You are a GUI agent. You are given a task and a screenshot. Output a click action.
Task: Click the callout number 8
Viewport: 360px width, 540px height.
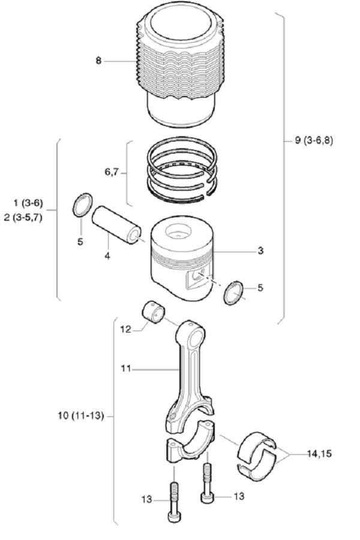point(98,61)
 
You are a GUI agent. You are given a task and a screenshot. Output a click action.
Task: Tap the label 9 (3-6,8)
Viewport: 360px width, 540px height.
point(314,140)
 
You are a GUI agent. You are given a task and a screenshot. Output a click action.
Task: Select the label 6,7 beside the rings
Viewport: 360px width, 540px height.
point(112,172)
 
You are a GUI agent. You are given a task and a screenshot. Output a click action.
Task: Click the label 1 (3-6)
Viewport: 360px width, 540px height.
point(28,203)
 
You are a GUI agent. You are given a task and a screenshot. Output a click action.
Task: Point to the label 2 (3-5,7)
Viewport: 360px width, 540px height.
point(23,218)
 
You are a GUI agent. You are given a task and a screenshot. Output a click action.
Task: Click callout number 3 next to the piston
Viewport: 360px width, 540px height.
point(260,251)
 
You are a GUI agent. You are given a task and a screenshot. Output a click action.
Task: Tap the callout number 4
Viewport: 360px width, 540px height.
point(107,256)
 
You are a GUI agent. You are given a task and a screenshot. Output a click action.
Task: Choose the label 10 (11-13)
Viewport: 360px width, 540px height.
point(81,416)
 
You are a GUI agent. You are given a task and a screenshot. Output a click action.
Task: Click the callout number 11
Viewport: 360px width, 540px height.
point(126,368)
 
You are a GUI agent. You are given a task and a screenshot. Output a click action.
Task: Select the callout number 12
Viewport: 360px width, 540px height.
point(126,329)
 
